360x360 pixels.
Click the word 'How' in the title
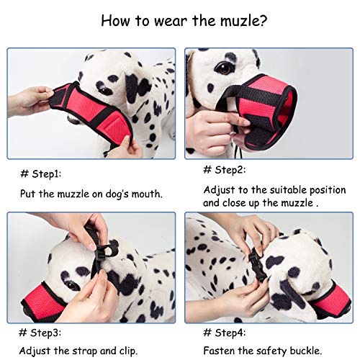pyautogui.click(x=117, y=20)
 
